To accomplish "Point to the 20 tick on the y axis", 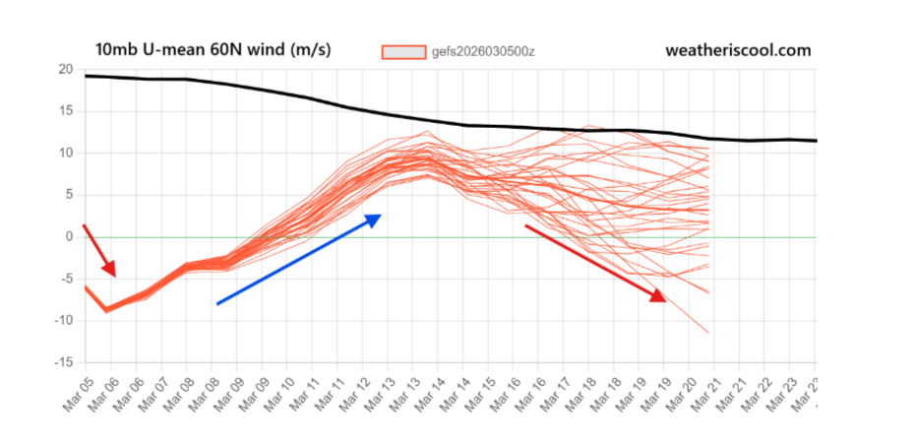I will coord(65,69).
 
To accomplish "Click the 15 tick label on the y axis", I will coord(65,111).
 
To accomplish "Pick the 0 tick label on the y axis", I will coord(69,237).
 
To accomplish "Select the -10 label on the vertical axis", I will coord(62,321).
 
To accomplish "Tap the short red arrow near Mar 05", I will coord(99,251).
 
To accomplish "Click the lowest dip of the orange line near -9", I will coord(108,310).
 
